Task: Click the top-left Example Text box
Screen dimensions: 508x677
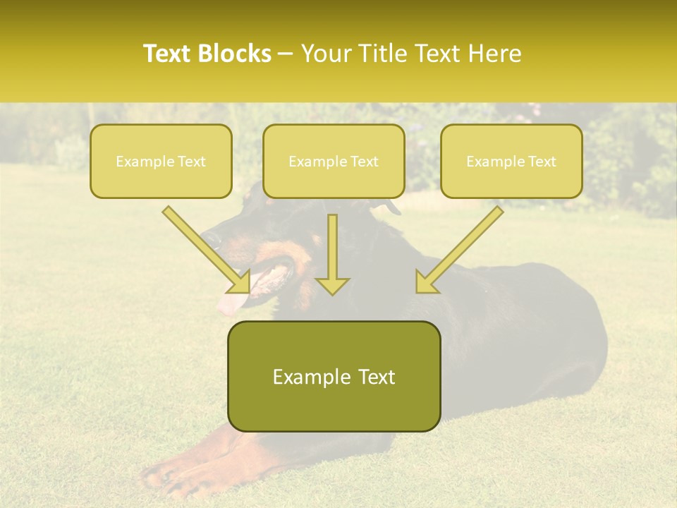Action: click(x=161, y=161)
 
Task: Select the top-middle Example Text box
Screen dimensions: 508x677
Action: click(x=334, y=161)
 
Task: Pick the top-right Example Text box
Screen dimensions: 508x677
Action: click(x=511, y=161)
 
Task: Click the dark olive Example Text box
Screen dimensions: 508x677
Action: click(x=334, y=376)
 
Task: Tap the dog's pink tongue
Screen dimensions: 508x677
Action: click(x=231, y=303)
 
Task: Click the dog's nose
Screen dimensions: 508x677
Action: click(x=209, y=238)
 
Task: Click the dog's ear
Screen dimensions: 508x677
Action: click(x=387, y=207)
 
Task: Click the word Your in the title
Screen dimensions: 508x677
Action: click(x=327, y=54)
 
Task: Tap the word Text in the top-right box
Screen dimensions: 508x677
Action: click(x=542, y=162)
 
